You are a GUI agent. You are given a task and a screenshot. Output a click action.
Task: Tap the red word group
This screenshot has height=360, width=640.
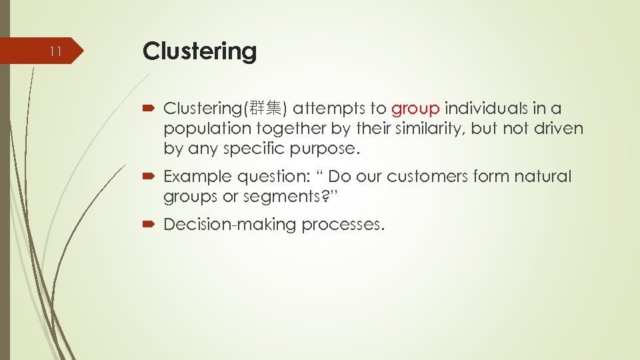(415, 108)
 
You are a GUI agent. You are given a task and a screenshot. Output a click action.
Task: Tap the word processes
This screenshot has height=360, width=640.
(343, 225)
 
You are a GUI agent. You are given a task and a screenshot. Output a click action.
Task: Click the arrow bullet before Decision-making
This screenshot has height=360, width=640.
(149, 225)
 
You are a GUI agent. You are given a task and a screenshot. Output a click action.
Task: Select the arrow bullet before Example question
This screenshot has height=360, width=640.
(149, 177)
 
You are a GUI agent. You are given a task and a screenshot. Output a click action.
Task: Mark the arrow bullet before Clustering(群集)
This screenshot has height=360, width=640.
(149, 108)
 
